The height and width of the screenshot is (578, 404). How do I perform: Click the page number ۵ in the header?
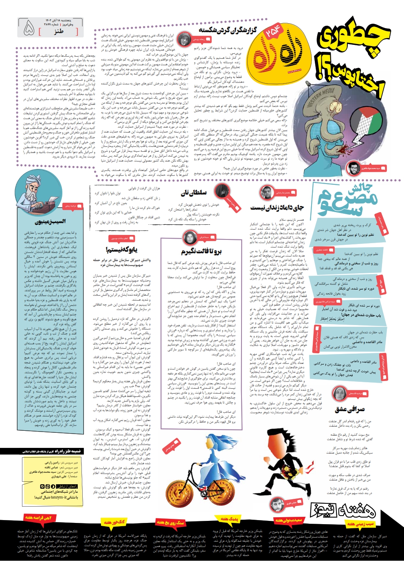point(28,28)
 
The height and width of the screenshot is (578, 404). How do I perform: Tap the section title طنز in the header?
point(59,31)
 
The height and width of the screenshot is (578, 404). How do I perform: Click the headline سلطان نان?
point(194,192)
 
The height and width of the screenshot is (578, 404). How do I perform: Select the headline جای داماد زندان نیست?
point(277,208)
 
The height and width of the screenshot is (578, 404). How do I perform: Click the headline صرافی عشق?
point(349,409)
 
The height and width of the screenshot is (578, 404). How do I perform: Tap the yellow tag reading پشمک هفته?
point(229,519)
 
